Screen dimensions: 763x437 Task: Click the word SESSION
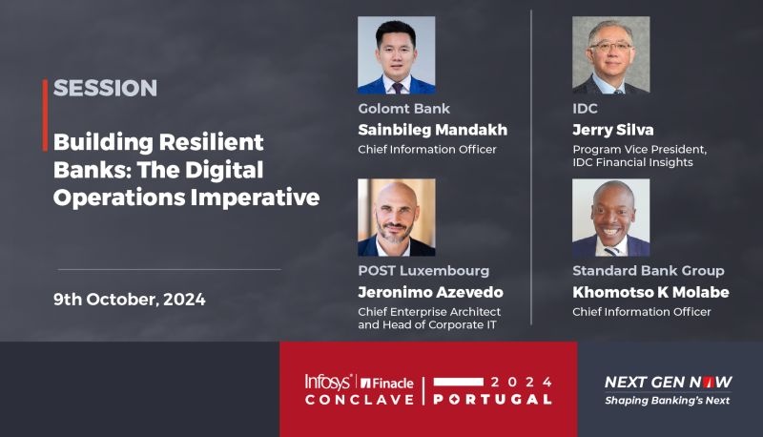pyautogui.click(x=105, y=88)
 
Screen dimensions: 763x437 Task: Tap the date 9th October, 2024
pyautogui.click(x=130, y=300)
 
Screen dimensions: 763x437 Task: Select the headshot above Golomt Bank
pyautogui.click(x=397, y=55)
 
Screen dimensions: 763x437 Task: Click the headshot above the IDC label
pyautogui.click(x=610, y=55)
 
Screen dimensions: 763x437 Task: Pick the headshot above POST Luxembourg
pyautogui.click(x=397, y=218)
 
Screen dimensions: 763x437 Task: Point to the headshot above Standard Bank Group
pyautogui.click(x=610, y=218)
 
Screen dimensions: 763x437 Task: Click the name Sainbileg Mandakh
pyautogui.click(x=433, y=130)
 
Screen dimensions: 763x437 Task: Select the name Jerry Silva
pyautogui.click(x=613, y=130)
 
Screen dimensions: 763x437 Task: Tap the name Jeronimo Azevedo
pyautogui.click(x=431, y=292)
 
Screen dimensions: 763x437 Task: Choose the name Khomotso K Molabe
pyautogui.click(x=650, y=292)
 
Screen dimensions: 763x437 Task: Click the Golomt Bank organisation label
pyautogui.click(x=403, y=109)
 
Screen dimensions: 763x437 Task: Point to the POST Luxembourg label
pyautogui.click(x=423, y=271)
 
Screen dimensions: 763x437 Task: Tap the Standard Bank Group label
pyautogui.click(x=649, y=271)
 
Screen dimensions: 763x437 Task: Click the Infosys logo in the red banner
pyautogui.click(x=327, y=382)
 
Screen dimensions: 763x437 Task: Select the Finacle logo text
pyautogui.click(x=387, y=383)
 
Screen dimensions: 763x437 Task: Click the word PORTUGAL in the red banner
pyautogui.click(x=492, y=400)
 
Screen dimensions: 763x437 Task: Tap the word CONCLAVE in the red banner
pyautogui.click(x=360, y=400)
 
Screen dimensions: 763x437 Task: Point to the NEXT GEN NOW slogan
pyautogui.click(x=669, y=383)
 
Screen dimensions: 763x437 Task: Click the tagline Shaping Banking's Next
pyautogui.click(x=667, y=401)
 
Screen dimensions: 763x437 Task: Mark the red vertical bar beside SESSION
pyautogui.click(x=45, y=115)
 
